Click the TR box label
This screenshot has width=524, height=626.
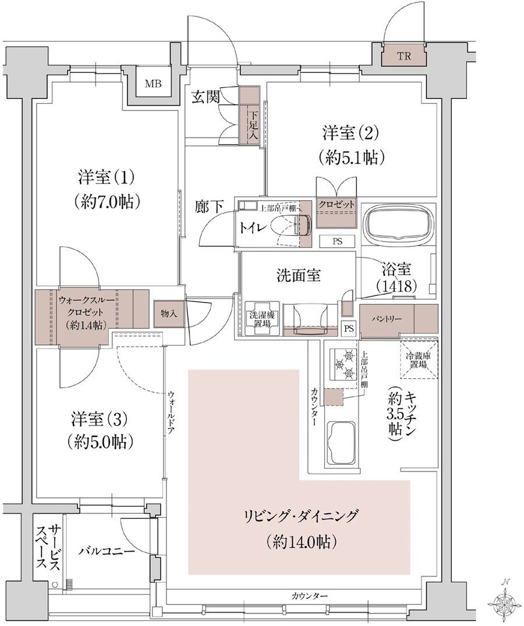(x=403, y=56)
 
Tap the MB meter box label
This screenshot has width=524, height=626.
(x=153, y=84)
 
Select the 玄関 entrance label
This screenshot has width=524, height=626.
(x=206, y=97)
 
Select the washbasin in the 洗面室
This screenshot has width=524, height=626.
(x=310, y=319)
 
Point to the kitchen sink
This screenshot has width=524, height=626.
(x=342, y=442)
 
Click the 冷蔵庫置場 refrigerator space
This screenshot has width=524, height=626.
(x=419, y=358)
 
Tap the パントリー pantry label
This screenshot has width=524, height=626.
(x=386, y=319)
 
